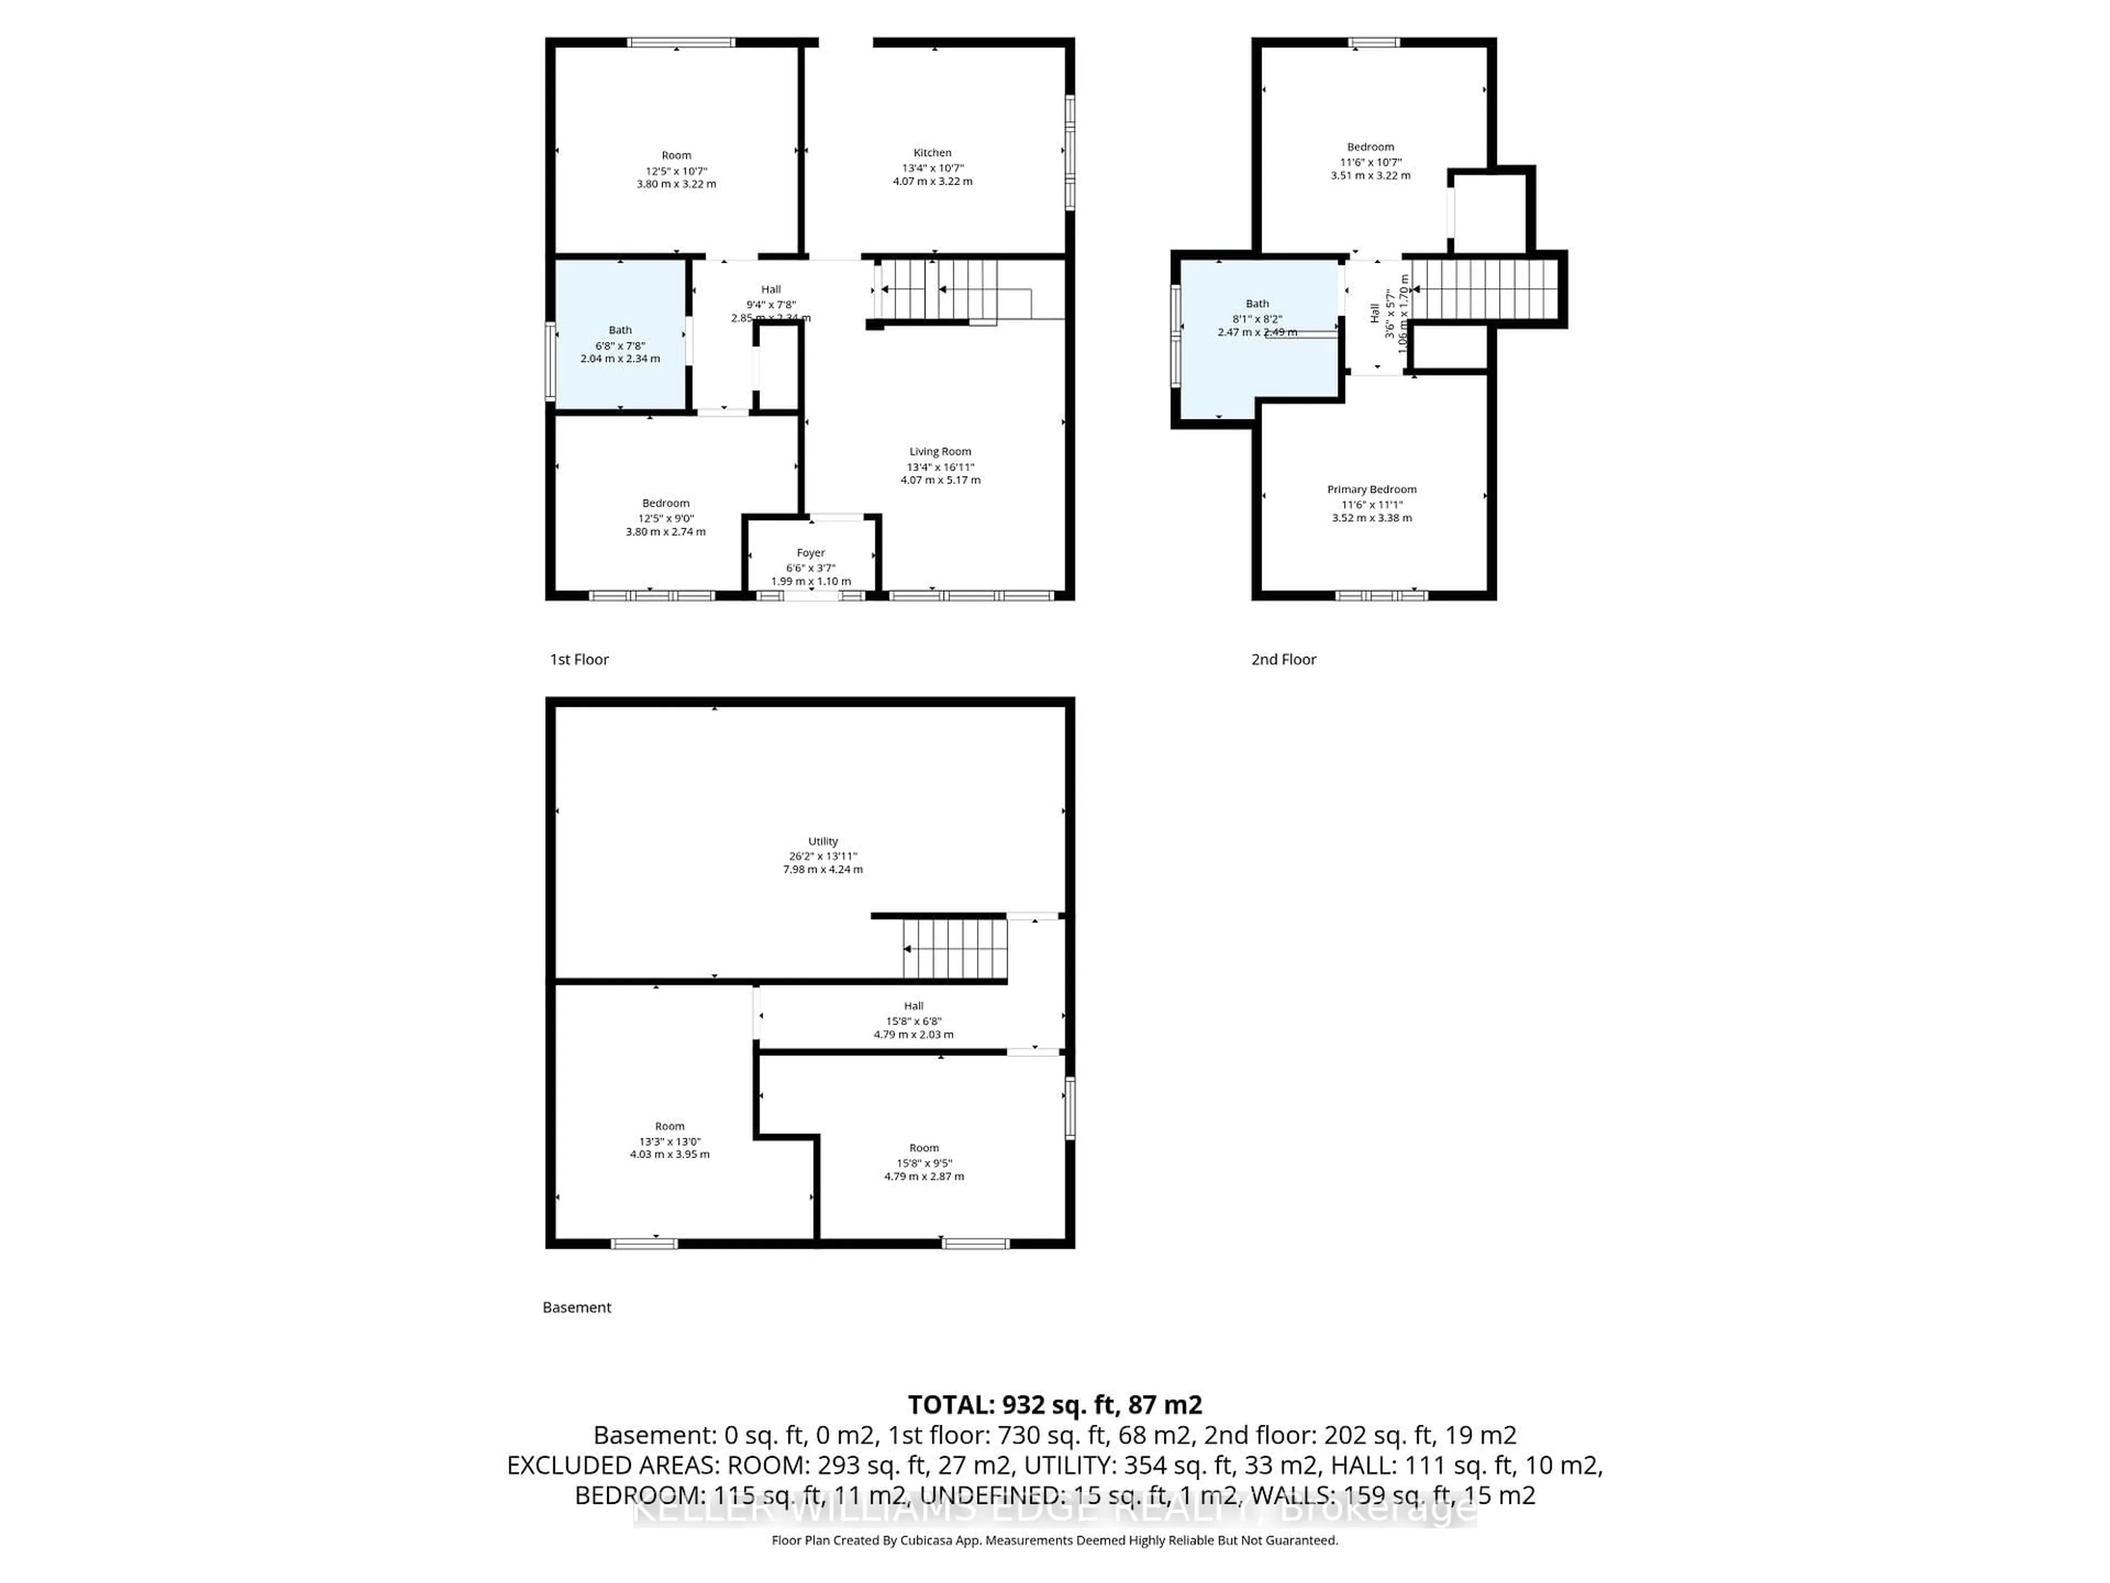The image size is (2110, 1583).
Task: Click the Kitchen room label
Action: (x=932, y=153)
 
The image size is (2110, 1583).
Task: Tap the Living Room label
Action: (x=940, y=451)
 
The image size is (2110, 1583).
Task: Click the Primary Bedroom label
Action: (x=1371, y=490)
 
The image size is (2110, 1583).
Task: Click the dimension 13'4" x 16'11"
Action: (x=940, y=467)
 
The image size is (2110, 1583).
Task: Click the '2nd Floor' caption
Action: (x=1283, y=660)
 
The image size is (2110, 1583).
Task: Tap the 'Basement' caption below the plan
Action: (x=576, y=1307)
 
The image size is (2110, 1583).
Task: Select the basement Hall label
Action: (x=913, y=1006)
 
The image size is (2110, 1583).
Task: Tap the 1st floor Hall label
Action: (x=771, y=289)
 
